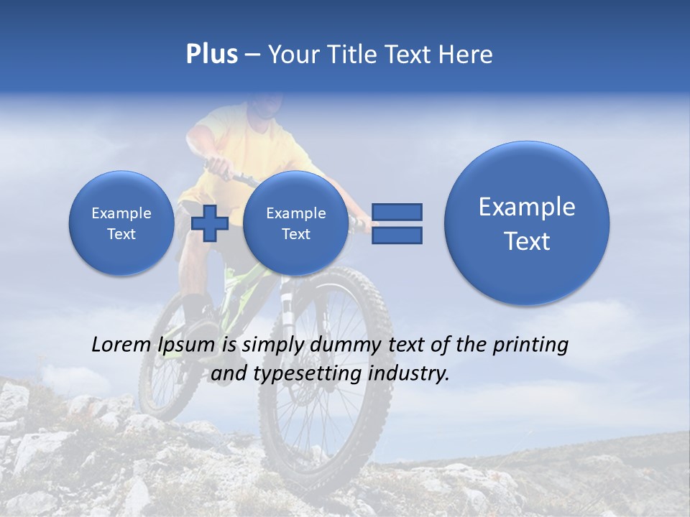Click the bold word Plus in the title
[211, 55]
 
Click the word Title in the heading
[349, 55]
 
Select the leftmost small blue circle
[121, 223]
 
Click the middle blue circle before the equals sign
[295, 223]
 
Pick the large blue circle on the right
[527, 223]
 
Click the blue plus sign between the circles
[210, 223]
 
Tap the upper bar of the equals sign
[397, 212]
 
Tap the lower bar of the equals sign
[397, 235]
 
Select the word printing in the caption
[530, 345]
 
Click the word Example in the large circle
[527, 207]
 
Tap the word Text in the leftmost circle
[121, 234]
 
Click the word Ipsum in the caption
[187, 345]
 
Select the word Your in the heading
[293, 55]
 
